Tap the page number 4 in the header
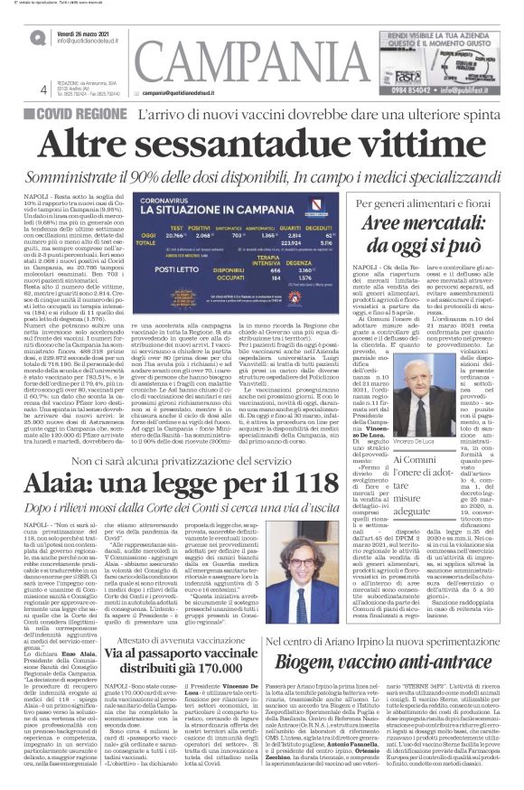pyautogui.click(x=44, y=89)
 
